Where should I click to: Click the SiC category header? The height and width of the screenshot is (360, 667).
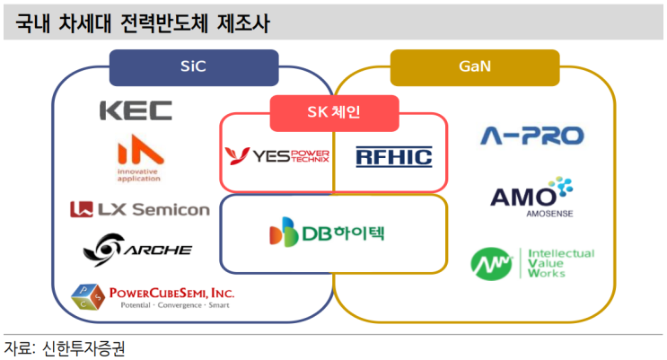point(193,66)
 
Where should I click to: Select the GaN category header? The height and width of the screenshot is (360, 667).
point(474,66)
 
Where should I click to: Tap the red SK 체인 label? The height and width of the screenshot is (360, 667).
point(334,114)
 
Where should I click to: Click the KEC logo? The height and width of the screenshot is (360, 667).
point(136,111)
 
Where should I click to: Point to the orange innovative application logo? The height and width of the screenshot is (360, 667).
point(139,157)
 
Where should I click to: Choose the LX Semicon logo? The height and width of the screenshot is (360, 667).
point(140,210)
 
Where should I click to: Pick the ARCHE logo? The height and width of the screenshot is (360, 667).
point(136,247)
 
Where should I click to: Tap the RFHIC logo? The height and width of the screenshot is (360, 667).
point(393,157)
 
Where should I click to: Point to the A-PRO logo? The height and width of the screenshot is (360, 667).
point(531,136)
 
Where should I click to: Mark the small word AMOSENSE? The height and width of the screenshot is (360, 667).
point(531,215)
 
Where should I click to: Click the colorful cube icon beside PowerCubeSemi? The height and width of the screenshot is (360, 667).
point(90,297)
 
